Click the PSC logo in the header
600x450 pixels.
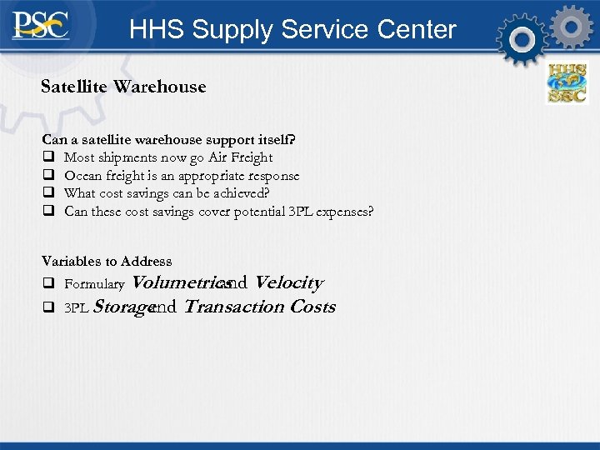[x=40, y=27]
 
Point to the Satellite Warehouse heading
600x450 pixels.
[x=123, y=87]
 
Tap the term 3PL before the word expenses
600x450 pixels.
[x=296, y=212]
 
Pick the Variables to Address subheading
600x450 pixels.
[x=107, y=261]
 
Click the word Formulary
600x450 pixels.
[x=94, y=285]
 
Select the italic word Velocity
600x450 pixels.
[x=288, y=283]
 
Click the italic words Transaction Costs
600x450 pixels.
[x=259, y=307]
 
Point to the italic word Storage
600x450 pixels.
[x=122, y=307]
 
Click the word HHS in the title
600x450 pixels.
[x=157, y=30]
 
